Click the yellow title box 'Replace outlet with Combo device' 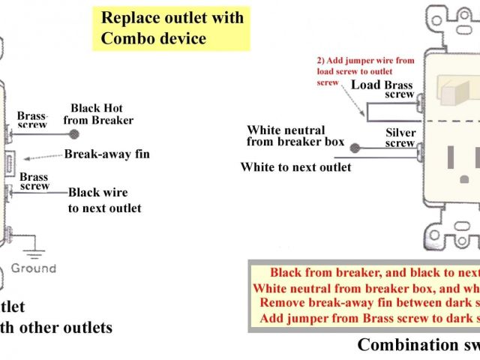pyautogui.click(x=172, y=28)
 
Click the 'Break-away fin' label pyautogui.click(x=106, y=154)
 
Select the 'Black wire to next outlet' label pyautogui.click(x=104, y=199)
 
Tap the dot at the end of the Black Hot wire pyautogui.click(x=73, y=135)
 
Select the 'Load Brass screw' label pyautogui.click(x=384, y=89)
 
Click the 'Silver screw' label pyautogui.click(x=400, y=137)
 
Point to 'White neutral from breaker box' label pyautogui.click(x=295, y=135)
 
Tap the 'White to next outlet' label pyautogui.click(x=295, y=167)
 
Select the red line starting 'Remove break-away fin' pyautogui.click(x=367, y=302)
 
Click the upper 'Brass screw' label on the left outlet pyautogui.click(x=32, y=120)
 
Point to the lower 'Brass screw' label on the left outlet pyautogui.click(x=34, y=181)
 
